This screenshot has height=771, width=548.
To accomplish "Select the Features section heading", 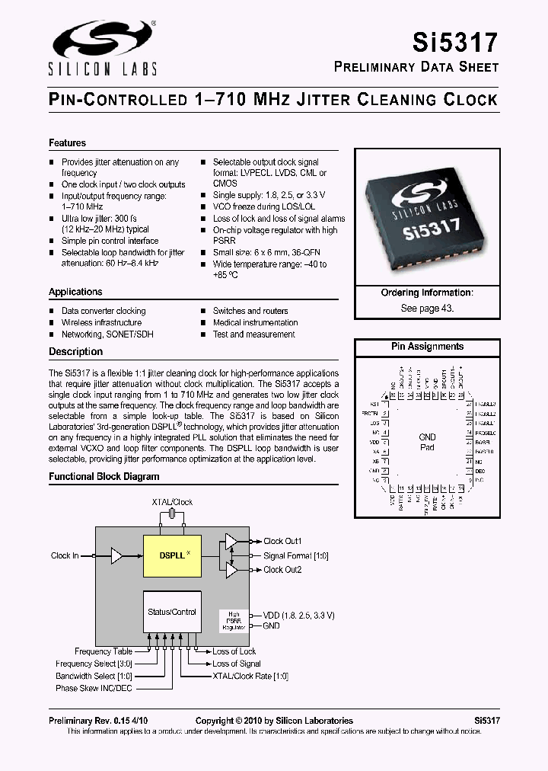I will coord(68,143).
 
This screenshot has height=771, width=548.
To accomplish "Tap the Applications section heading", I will coord(75,293).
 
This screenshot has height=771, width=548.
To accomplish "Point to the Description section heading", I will coord(75,352).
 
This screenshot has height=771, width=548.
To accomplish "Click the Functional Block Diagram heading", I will coord(104,477).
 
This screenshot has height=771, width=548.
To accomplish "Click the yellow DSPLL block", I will coord(172,555).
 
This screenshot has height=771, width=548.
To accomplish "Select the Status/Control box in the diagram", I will coord(172,612).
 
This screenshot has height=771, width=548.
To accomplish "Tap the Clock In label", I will coord(65,556).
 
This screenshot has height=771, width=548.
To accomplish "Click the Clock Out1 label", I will coord(282,542).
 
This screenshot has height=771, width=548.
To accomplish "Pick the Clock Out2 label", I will coord(282,570).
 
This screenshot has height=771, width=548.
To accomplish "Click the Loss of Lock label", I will coord(234,651).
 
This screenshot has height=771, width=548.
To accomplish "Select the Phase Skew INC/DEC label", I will coord(94,688).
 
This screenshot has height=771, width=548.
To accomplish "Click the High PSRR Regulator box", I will coord(232,620).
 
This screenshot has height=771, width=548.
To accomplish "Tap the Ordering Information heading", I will coord(427,293).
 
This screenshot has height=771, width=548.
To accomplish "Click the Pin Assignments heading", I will coord(427,347).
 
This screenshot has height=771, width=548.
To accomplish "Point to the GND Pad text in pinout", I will coord(427,443).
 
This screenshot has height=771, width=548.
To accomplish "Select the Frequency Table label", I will coord(104,651).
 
